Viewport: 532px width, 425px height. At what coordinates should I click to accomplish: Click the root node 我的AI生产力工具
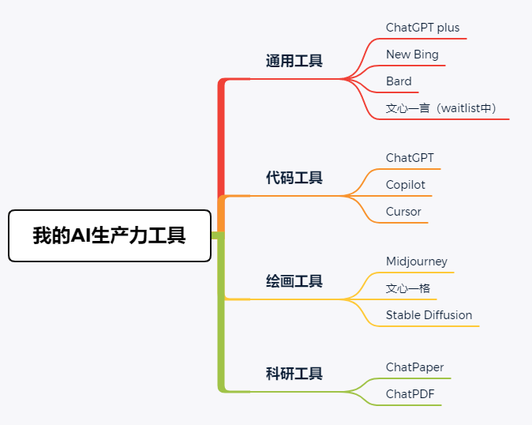110,235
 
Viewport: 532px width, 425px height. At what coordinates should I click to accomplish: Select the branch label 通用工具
294,61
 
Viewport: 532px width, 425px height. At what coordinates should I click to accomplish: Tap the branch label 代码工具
294,178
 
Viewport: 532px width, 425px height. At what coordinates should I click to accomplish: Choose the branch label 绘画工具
294,281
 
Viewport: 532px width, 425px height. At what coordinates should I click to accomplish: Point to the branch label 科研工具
294,374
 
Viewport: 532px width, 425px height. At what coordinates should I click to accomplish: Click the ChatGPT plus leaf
422,28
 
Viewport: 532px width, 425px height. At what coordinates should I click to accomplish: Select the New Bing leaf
412,55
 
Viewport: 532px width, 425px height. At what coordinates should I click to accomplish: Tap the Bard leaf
399,81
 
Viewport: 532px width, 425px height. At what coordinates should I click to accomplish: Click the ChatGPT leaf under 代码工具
410,158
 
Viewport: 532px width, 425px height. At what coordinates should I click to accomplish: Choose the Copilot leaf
406,185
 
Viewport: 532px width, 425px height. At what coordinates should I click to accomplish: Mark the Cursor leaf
403,212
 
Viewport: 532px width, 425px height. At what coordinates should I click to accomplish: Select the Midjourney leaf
417,261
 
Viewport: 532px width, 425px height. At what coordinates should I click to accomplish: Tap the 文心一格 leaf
408,288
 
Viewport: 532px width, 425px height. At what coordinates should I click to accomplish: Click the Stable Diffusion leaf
429,315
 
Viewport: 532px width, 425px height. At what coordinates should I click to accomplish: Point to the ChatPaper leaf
414,367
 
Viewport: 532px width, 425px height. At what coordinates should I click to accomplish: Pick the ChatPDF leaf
410,393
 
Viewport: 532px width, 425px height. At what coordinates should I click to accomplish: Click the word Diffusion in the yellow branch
448,315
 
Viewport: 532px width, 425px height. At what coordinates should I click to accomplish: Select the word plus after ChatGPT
447,28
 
